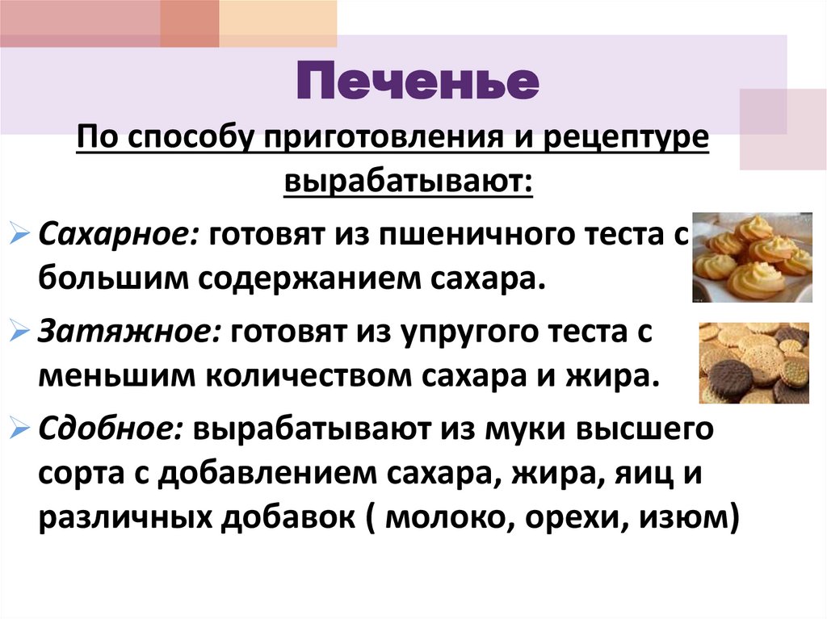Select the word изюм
(x=686, y=518)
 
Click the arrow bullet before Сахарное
(x=23, y=235)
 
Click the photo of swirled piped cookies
(x=752, y=257)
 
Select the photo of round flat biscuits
(x=754, y=362)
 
